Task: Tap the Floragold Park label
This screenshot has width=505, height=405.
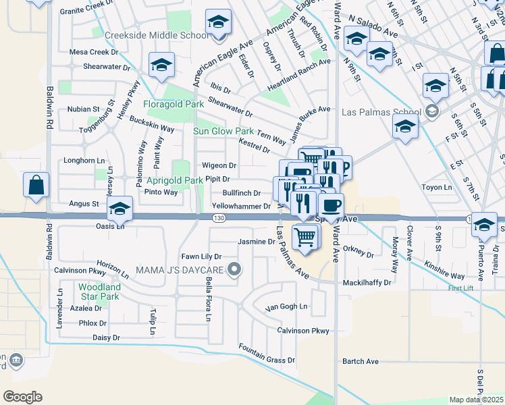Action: pyautogui.click(x=174, y=104)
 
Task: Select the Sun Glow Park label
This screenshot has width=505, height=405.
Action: pyautogui.click(x=223, y=131)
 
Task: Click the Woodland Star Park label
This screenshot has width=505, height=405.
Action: pyautogui.click(x=99, y=292)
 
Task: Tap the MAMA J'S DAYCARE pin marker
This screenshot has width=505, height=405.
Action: pyautogui.click(x=234, y=271)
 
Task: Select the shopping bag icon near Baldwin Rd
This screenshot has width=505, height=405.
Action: pyautogui.click(x=36, y=185)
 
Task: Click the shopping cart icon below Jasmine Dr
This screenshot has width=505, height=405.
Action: pyautogui.click(x=305, y=237)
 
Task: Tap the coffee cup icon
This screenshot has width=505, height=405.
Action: pyautogui.click(x=331, y=205)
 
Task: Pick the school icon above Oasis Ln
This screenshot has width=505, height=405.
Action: pyautogui.click(x=119, y=210)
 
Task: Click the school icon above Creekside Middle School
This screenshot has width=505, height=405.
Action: pyautogui.click(x=218, y=22)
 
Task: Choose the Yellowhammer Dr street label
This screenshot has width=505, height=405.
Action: pyautogui.click(x=241, y=206)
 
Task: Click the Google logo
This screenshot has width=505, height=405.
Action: pyautogui.click(x=22, y=397)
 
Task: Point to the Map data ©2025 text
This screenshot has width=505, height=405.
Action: pyautogui.click(x=476, y=400)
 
